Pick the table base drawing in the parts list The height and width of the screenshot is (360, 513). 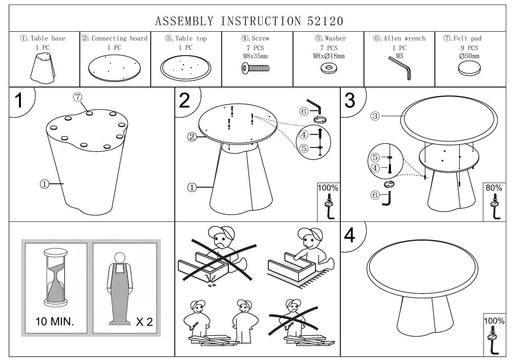point(43,68)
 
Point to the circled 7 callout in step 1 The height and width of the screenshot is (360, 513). point(77,97)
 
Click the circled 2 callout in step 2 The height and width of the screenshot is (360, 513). point(192,136)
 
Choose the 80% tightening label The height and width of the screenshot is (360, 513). point(494,188)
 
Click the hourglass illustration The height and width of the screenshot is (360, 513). point(54,276)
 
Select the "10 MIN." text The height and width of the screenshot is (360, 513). point(54,322)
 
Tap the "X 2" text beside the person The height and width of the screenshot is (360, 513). point(144,322)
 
